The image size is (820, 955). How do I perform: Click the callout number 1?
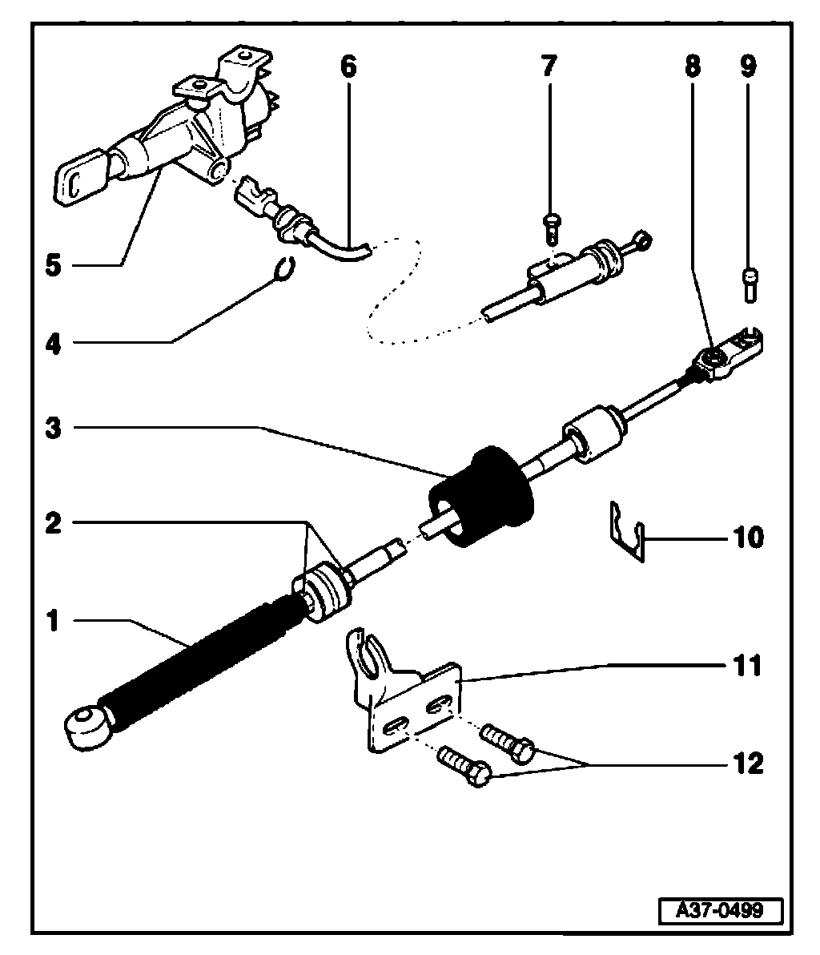pyautogui.click(x=53, y=621)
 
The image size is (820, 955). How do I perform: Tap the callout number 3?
pyautogui.click(x=53, y=427)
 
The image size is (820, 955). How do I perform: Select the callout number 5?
pyautogui.click(x=53, y=264)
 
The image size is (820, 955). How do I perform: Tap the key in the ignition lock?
pyautogui.click(x=80, y=179)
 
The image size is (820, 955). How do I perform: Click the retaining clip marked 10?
pyautogui.click(x=625, y=532)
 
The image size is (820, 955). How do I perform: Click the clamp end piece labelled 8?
pyautogui.click(x=729, y=353)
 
